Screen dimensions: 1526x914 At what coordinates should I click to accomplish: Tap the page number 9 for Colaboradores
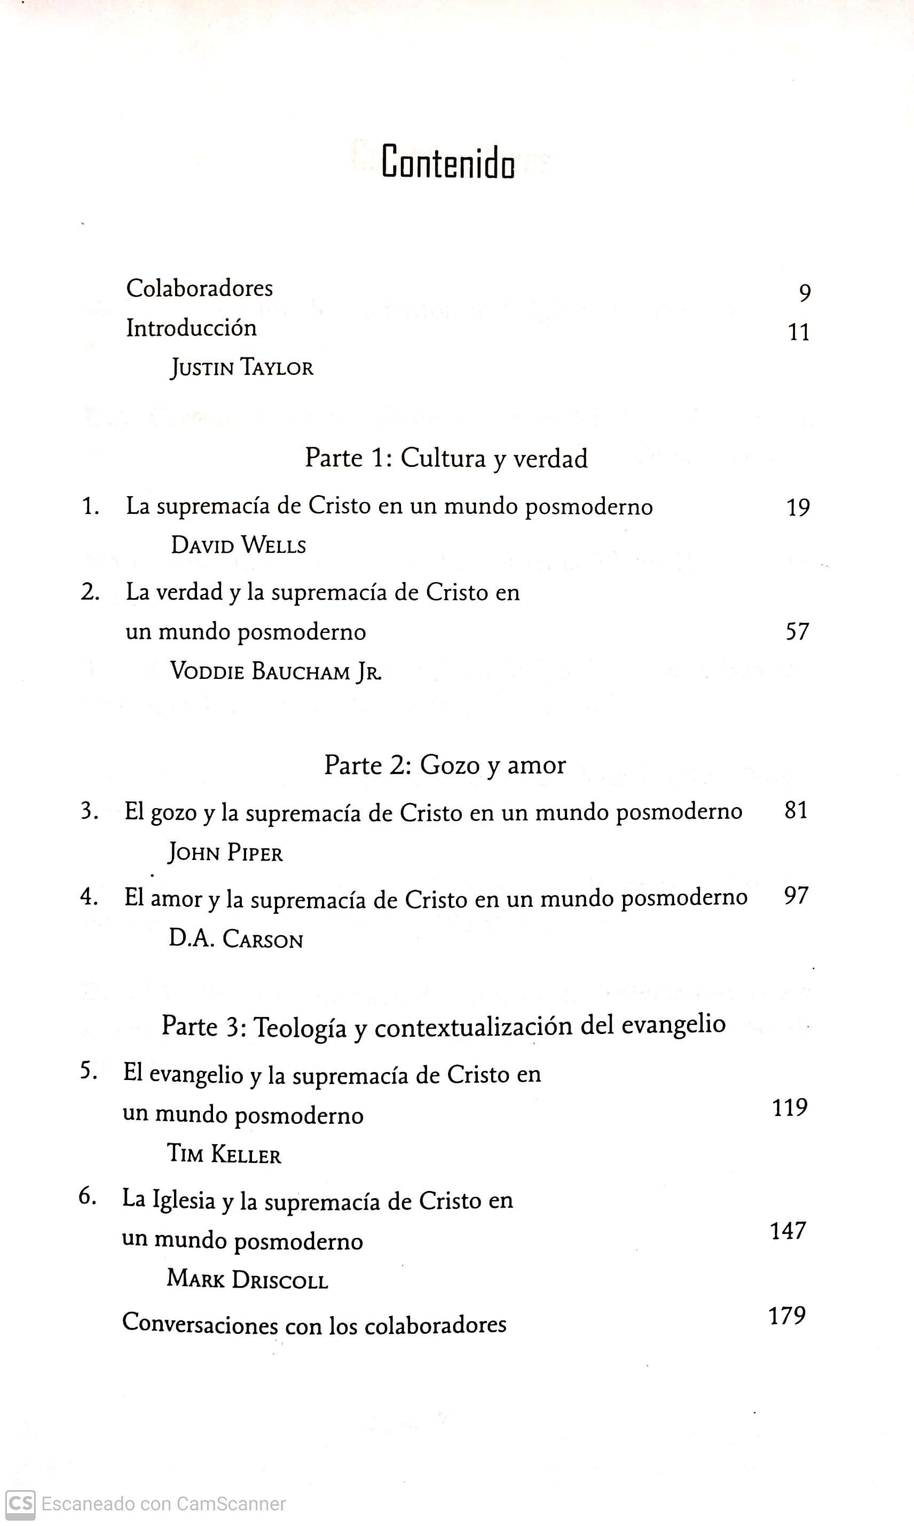pyautogui.click(x=805, y=293)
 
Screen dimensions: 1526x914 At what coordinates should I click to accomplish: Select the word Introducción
pyautogui.click(x=191, y=328)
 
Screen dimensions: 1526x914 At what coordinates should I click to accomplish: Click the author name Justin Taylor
pyautogui.click(x=241, y=368)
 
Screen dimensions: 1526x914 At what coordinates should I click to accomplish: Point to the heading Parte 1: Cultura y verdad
pyautogui.click(x=446, y=458)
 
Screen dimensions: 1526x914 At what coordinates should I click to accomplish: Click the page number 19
pyautogui.click(x=798, y=507)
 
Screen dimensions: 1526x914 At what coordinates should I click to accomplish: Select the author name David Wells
pyautogui.click(x=238, y=545)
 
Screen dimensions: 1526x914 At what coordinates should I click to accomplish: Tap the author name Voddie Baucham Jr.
pyautogui.click(x=275, y=671)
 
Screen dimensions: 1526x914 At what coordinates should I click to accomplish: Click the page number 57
pyautogui.click(x=797, y=631)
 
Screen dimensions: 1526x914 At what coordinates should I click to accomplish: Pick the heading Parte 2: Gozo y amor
pyautogui.click(x=445, y=765)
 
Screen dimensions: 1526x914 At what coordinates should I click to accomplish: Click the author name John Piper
pyautogui.click(x=225, y=852)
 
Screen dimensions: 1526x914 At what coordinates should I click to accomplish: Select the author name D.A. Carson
pyautogui.click(x=236, y=939)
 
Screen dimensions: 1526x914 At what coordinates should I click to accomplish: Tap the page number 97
pyautogui.click(x=796, y=896)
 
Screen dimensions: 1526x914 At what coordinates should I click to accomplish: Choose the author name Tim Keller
pyautogui.click(x=224, y=1154)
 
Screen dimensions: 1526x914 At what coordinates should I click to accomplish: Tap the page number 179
pyautogui.click(x=787, y=1316)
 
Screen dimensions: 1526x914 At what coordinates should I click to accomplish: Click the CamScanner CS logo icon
pyautogui.click(x=20, y=1504)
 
